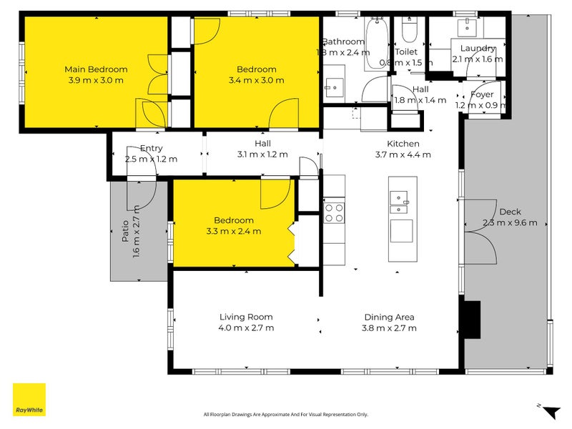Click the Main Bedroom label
click(96, 69)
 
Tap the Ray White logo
click(29, 400)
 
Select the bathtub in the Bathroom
click(377, 44)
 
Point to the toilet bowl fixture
click(409, 30)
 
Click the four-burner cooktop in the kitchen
click(334, 213)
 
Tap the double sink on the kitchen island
click(399, 202)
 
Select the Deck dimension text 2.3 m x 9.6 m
click(510, 222)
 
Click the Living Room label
click(246, 317)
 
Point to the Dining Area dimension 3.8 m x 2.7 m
click(389, 328)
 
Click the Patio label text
click(125, 230)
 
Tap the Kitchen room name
click(403, 144)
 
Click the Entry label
click(152, 149)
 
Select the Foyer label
click(482, 94)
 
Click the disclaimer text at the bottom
click(285, 415)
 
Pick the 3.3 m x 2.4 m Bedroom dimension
click(234, 231)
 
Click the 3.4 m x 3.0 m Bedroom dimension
click(256, 80)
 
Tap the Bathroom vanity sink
click(334, 87)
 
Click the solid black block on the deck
click(472, 320)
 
